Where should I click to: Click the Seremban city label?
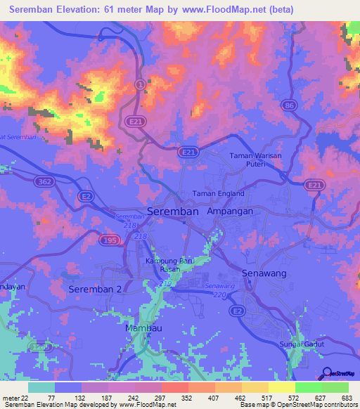click(173, 211)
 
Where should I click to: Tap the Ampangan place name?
click(229, 211)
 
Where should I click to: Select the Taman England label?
click(218, 193)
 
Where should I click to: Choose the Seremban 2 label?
click(95, 290)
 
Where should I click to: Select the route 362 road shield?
click(44, 181)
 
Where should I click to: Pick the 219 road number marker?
click(166, 283)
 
